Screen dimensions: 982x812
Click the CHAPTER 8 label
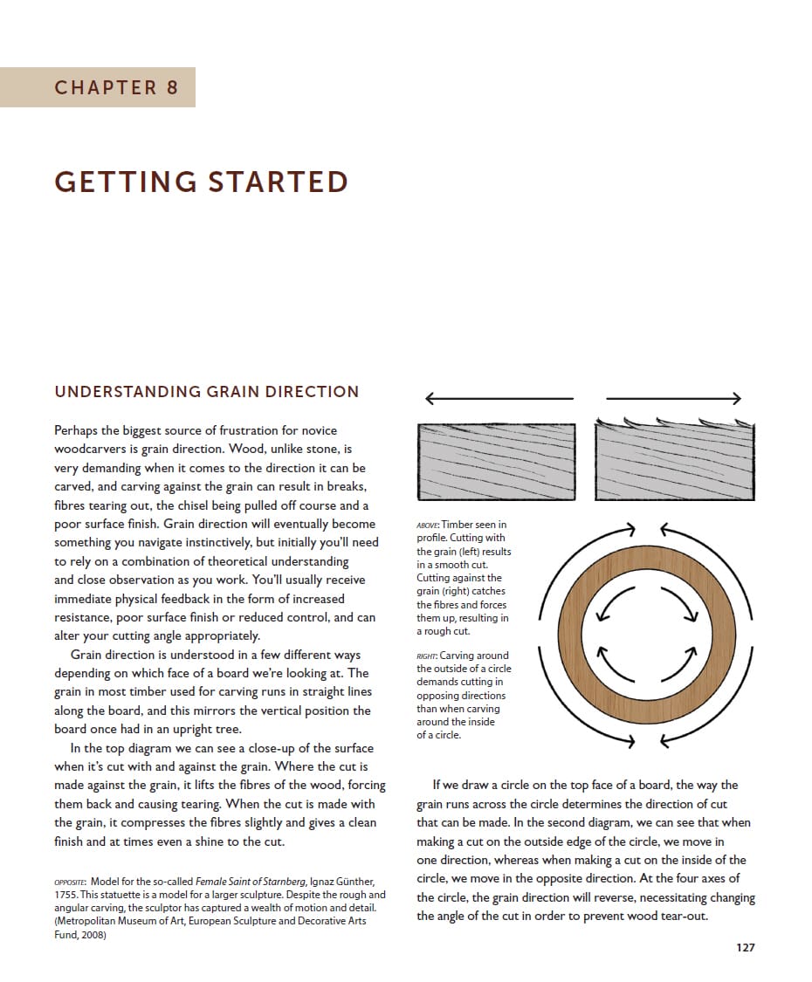[116, 87]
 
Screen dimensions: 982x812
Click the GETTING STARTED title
[201, 182]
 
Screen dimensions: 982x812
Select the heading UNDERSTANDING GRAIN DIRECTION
[206, 392]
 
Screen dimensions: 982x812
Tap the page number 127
[745, 947]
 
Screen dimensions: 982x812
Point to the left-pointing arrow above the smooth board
[499, 399]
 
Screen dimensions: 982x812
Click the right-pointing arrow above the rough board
[673, 399]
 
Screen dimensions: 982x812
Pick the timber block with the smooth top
[497, 462]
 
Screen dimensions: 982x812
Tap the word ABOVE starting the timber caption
[428, 525]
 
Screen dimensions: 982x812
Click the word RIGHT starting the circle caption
[427, 656]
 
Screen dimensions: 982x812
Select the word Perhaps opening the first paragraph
[78, 430]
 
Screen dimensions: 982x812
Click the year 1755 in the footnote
[67, 896]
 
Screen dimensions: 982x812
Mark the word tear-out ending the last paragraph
[677, 916]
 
